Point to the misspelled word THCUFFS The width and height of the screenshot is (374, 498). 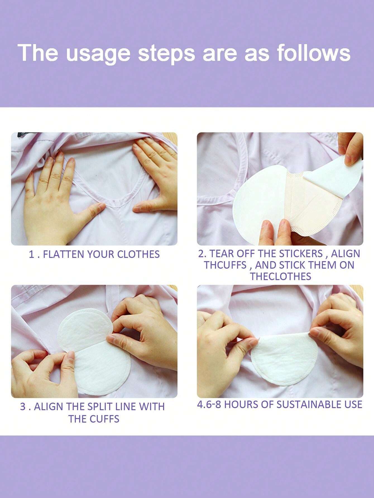[225, 265]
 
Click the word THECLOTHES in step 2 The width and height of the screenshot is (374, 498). [280, 276]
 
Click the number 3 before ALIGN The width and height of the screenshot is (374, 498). [23, 407]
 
